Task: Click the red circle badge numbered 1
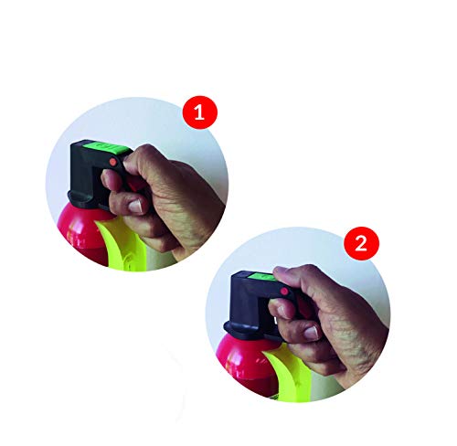pyautogui.click(x=200, y=112)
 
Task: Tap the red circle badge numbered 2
pyautogui.click(x=361, y=243)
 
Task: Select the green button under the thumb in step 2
pyautogui.click(x=262, y=278)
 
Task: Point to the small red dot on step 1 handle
pyautogui.click(x=113, y=162)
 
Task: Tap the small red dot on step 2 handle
pyautogui.click(x=284, y=292)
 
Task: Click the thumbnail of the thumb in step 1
pyautogui.click(x=136, y=206)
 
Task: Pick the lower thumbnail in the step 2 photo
pyautogui.click(x=312, y=333)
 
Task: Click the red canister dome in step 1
pyautogui.click(x=81, y=231)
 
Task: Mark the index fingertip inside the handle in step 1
pyautogui.click(x=107, y=178)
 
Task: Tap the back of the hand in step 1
pyautogui.click(x=186, y=201)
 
